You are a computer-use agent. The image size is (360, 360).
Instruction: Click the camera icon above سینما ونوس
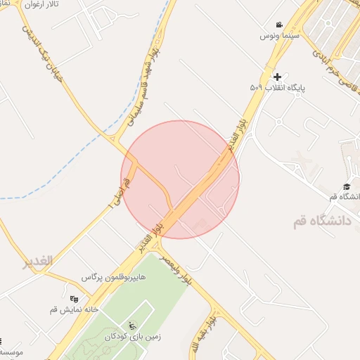click(280, 25)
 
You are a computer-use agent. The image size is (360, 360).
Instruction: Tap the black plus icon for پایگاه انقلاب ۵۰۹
click(277, 77)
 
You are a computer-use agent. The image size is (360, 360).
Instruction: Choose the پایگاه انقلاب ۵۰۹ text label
click(268, 88)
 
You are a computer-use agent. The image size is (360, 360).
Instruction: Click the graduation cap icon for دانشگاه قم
click(346, 186)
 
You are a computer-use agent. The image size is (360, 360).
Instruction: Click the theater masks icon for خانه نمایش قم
click(75, 298)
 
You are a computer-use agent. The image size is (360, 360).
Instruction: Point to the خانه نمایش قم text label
click(74, 309)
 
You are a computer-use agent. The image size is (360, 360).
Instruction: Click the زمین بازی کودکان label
click(134, 336)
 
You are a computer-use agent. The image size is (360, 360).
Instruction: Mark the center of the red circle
click(180, 179)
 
